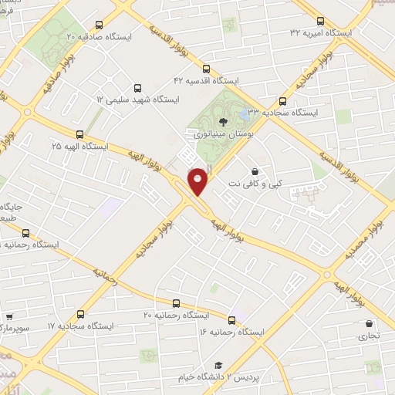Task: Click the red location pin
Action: pyautogui.click(x=198, y=181)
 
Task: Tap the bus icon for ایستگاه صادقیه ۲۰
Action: pyautogui.click(x=96, y=25)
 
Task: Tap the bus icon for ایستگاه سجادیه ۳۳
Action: pyautogui.click(x=282, y=100)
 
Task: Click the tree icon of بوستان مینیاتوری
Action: pyautogui.click(x=224, y=121)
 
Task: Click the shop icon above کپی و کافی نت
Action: pyautogui.click(x=255, y=171)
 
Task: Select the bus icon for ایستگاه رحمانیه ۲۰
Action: pyautogui.click(x=176, y=302)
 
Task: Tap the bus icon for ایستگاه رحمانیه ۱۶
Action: pyautogui.click(x=231, y=319)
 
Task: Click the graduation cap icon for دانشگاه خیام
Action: pyautogui.click(x=218, y=365)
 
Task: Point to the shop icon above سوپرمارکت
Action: pyautogui.click(x=10, y=316)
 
